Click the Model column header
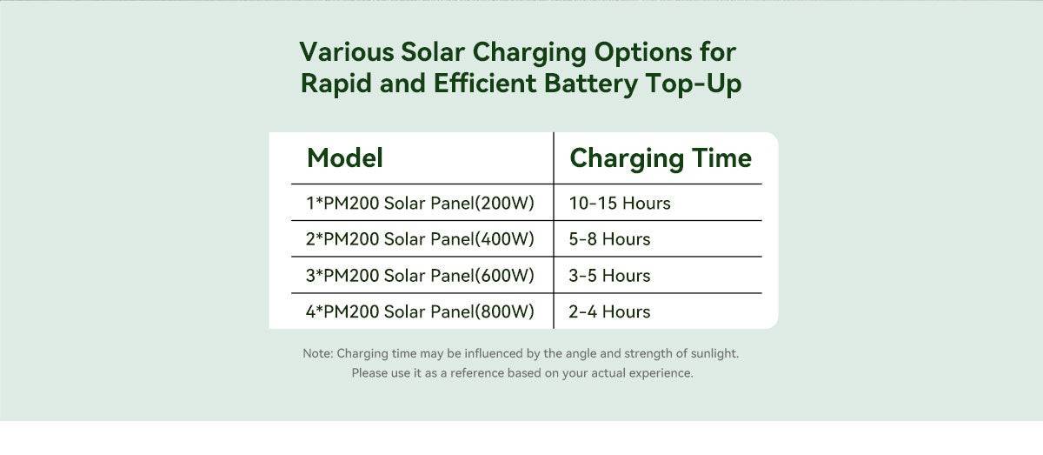point(345,157)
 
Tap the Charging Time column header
point(661,158)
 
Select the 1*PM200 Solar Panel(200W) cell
point(420,204)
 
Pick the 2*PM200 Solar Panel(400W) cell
point(420,239)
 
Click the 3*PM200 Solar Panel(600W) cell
point(420,276)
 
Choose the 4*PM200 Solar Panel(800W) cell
point(420,311)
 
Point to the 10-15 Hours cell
point(620,204)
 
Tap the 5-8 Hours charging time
point(609,239)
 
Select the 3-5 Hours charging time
point(609,276)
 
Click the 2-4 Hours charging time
point(609,311)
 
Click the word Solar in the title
point(433,51)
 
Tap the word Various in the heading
point(347,51)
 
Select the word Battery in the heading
point(591,84)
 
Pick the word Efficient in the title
point(485,84)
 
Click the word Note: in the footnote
point(318,353)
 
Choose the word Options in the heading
point(643,52)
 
